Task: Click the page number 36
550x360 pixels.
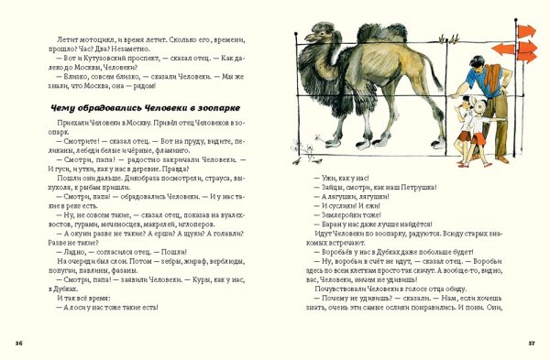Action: [19, 342]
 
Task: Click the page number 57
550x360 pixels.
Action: [531, 342]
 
